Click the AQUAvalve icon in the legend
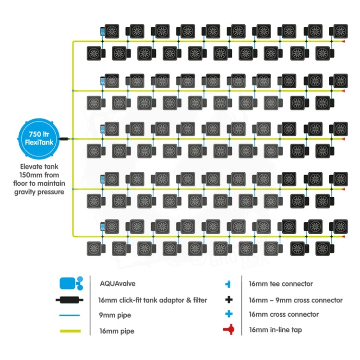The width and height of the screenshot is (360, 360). (71, 284)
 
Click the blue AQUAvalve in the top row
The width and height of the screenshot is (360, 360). (102, 32)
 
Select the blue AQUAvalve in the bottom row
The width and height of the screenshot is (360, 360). (102, 227)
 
